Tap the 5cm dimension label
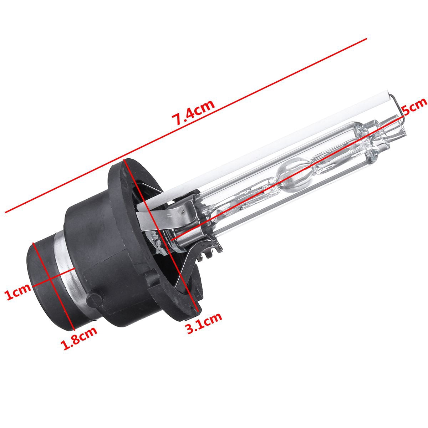pyautogui.click(x=414, y=106)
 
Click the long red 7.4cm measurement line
pyautogui.click(x=186, y=126)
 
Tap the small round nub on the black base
pyautogui.click(x=95, y=300)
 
